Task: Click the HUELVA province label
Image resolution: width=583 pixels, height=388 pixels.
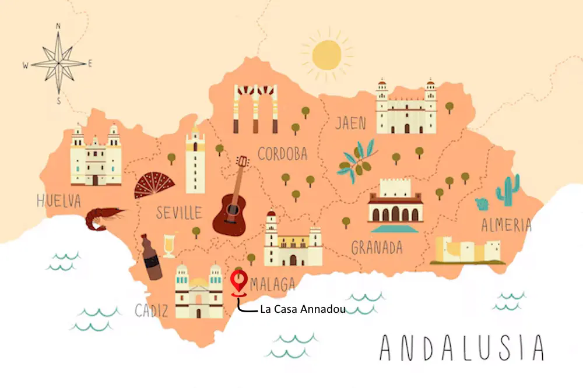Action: pos(58,201)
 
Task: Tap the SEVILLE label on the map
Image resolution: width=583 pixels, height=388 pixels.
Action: pos(178,212)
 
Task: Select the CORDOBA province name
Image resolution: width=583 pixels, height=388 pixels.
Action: pos(282,154)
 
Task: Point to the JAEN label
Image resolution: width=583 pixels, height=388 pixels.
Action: pos(350,123)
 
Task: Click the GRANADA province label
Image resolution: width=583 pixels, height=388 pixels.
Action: pos(377,248)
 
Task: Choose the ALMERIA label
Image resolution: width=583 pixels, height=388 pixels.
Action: pos(506,225)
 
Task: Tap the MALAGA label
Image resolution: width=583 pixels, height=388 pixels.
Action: pos(272,284)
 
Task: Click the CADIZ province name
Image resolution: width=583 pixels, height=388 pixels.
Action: pos(151,311)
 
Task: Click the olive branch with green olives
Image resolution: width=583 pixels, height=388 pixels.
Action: pos(357,159)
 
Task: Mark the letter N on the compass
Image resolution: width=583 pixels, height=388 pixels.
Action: pos(58,26)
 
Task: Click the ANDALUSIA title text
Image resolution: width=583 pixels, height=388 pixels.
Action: pos(461,348)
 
